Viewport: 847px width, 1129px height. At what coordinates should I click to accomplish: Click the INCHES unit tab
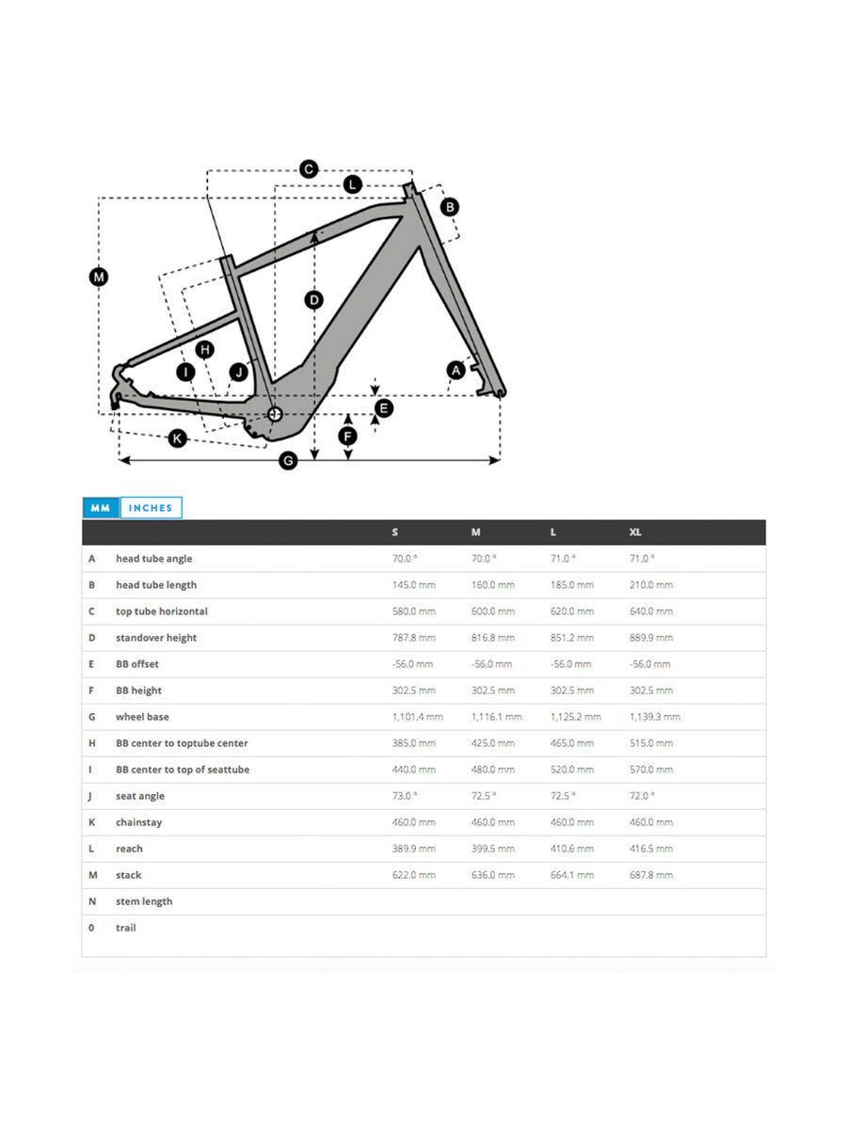tap(151, 508)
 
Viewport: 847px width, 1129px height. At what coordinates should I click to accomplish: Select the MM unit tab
tap(100, 508)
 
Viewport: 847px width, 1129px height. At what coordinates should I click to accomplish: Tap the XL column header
tap(635, 533)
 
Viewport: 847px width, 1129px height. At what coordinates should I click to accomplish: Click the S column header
tap(395, 533)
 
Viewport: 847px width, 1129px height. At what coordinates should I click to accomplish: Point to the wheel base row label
tap(142, 717)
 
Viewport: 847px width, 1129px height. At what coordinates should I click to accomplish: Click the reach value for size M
tap(493, 849)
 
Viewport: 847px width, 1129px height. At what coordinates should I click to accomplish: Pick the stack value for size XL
tap(651, 875)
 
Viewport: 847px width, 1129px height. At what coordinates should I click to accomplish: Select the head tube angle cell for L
tap(563, 559)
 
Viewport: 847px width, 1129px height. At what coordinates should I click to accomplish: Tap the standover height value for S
tap(414, 638)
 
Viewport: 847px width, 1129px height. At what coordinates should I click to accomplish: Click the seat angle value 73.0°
tap(405, 796)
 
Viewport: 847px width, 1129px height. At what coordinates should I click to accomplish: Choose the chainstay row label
tap(138, 822)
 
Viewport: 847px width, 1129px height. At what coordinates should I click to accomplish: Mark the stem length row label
tap(144, 901)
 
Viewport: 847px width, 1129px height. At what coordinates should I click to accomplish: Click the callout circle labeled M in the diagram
tap(99, 277)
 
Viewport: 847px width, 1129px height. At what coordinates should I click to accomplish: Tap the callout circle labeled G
tap(289, 460)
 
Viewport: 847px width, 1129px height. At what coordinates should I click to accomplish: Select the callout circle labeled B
tap(450, 206)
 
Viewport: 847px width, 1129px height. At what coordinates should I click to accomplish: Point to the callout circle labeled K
tap(177, 437)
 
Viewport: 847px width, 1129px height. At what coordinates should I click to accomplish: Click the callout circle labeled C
tap(309, 169)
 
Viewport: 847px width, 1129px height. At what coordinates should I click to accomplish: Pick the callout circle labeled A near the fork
tap(455, 371)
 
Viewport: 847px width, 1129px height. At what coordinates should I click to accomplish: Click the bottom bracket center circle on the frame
tap(276, 413)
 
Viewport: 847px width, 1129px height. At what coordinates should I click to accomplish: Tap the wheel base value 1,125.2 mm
tap(575, 717)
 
